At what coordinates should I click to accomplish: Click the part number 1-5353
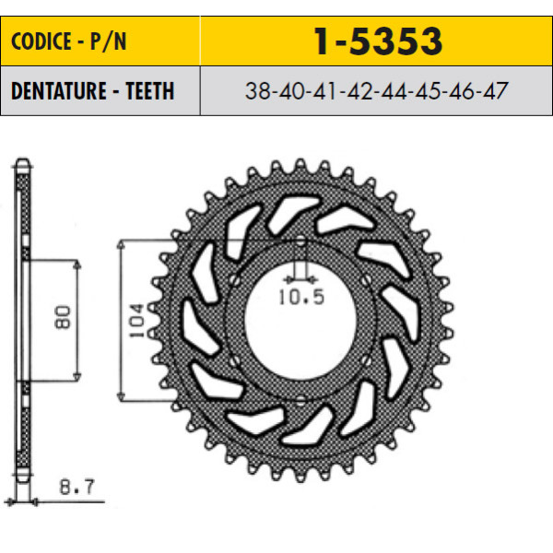click(x=378, y=41)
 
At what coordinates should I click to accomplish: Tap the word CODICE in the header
click(x=41, y=41)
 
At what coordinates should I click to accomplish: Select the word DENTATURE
click(x=59, y=90)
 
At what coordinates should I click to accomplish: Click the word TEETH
click(x=150, y=90)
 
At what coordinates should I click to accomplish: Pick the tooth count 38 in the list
click(x=258, y=90)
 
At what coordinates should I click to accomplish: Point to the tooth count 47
click(x=496, y=90)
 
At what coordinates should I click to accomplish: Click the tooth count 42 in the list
click(x=359, y=90)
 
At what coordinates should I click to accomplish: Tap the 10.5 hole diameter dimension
click(x=301, y=297)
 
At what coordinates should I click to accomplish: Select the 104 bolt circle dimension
click(x=136, y=320)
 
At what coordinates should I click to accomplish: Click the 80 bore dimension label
click(x=63, y=317)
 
